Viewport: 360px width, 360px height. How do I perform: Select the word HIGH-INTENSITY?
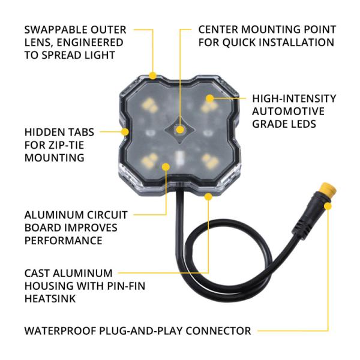[294, 98]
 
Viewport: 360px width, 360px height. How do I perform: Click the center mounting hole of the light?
[180, 128]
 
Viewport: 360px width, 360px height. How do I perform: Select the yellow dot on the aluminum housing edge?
[208, 196]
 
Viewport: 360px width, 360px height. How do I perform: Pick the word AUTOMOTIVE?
[289, 112]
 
